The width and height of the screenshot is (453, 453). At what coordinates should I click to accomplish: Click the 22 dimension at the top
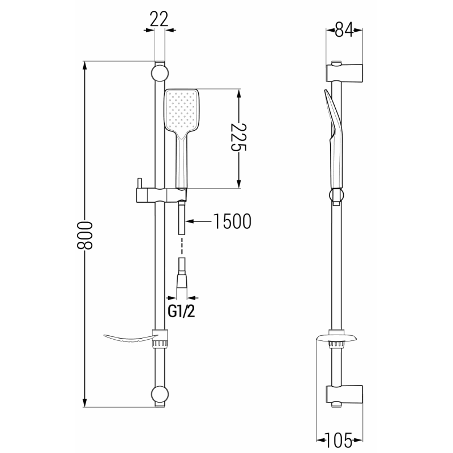(160, 19)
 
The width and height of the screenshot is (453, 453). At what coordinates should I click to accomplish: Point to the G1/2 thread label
(182, 310)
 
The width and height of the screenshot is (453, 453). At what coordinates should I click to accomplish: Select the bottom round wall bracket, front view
(159, 394)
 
